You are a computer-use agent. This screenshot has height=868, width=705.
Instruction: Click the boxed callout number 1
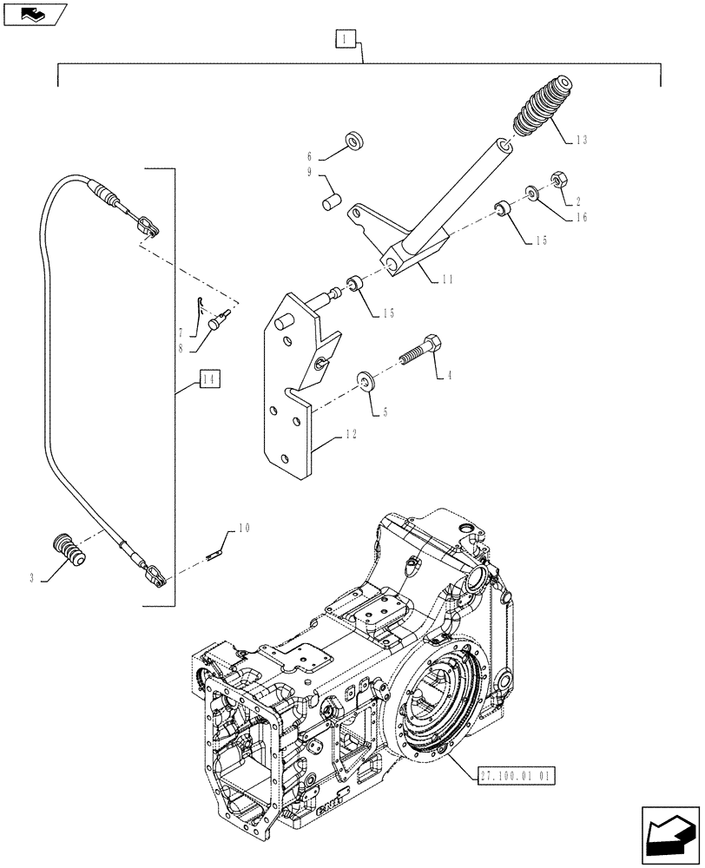point(345,38)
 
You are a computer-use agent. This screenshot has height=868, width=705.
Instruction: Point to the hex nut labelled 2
point(559,181)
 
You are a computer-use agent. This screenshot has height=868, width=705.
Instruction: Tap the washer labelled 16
point(530,191)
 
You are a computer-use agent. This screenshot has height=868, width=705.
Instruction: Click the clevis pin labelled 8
point(217,324)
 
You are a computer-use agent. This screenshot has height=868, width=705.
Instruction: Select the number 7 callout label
point(181,333)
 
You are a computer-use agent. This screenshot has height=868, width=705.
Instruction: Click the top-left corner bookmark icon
point(35,13)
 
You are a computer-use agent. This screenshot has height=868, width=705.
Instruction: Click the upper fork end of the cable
point(150,228)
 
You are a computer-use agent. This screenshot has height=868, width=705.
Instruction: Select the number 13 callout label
point(580,140)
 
